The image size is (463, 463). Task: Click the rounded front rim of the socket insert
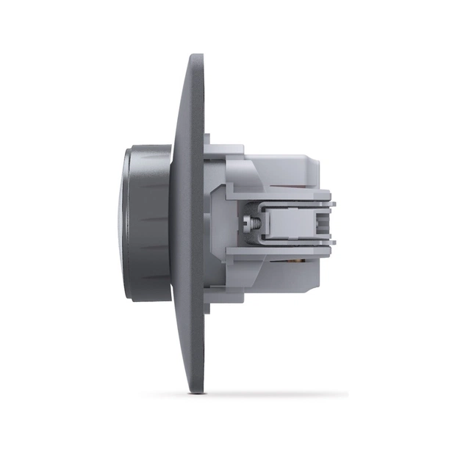coord(127,220)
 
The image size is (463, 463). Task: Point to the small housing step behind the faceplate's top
coord(207,140)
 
